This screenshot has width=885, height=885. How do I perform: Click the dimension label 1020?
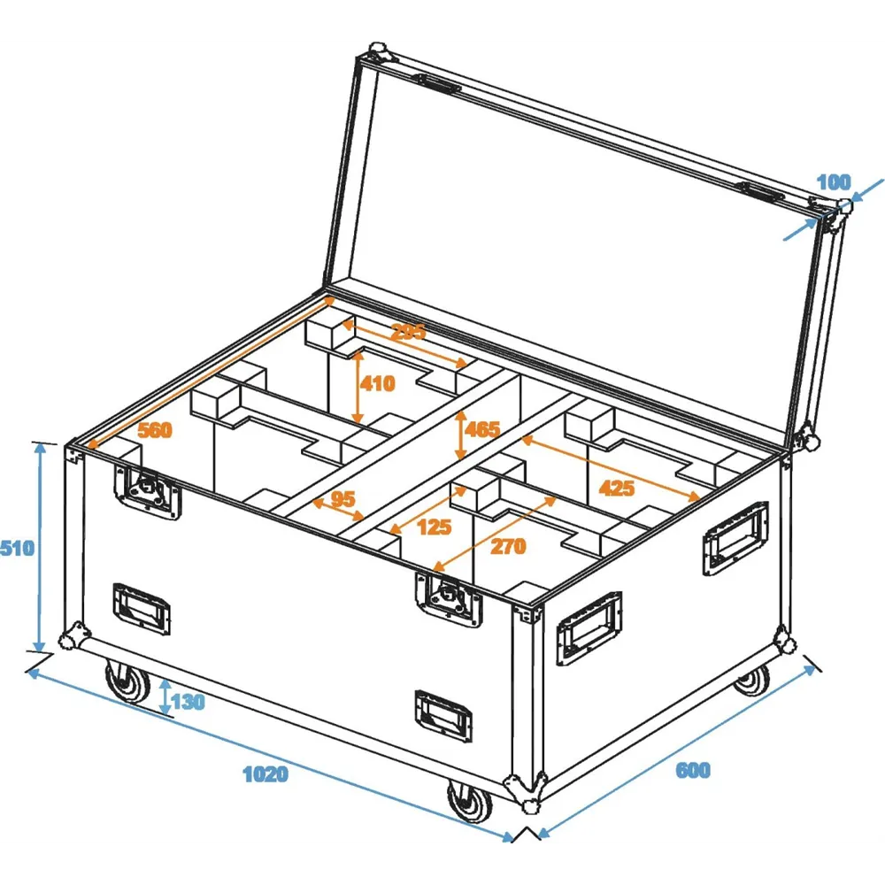(x=265, y=774)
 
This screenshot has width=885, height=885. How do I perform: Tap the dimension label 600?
(x=693, y=771)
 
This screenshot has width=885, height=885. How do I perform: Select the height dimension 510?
(x=17, y=548)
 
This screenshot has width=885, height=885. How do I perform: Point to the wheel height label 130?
(x=188, y=703)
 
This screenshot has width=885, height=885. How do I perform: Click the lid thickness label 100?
(x=833, y=183)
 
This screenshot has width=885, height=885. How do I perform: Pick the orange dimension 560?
(x=155, y=431)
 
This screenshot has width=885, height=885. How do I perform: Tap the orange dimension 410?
(x=377, y=384)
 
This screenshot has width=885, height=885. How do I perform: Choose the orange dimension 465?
(x=482, y=430)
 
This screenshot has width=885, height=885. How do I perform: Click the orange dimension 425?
(x=616, y=487)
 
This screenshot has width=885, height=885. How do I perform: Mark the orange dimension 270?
(x=508, y=547)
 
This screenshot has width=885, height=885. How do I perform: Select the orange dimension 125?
(x=434, y=527)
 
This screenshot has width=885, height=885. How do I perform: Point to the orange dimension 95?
(x=342, y=499)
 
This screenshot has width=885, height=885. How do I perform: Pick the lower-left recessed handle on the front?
(x=141, y=608)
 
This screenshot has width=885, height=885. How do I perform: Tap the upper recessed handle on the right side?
(x=735, y=537)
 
